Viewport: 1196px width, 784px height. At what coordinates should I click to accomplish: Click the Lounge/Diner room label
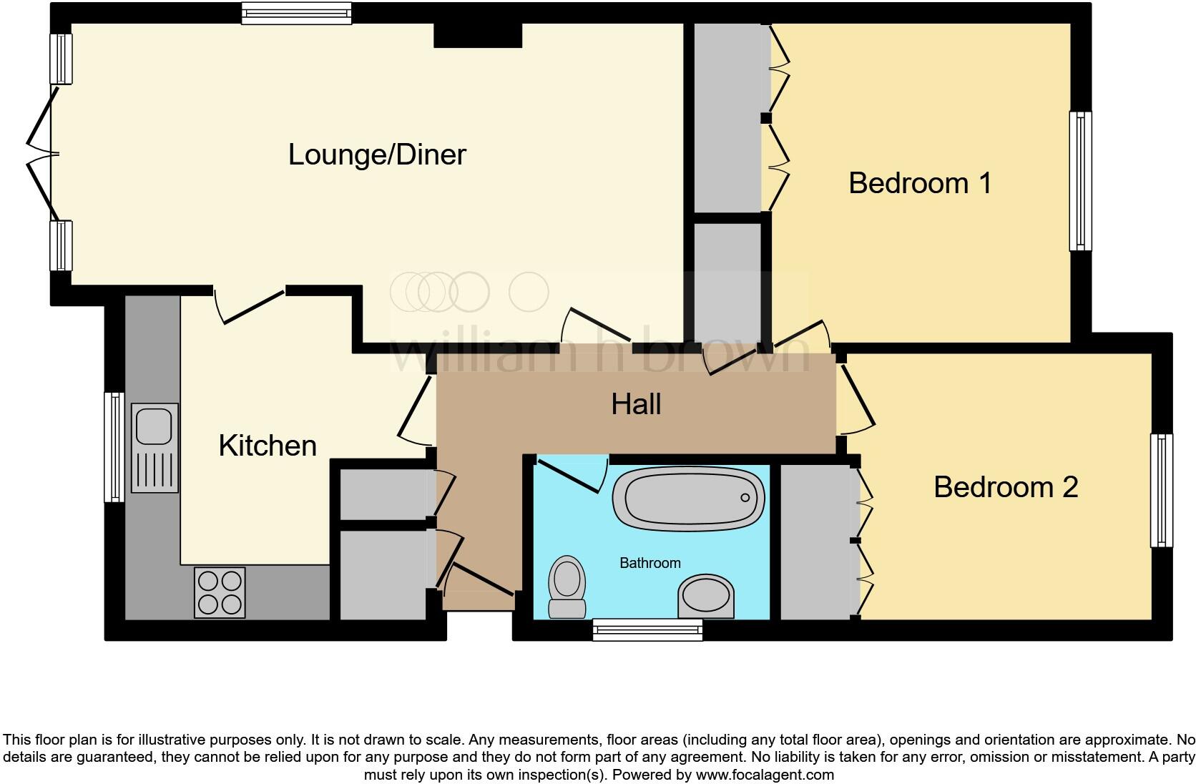click(377, 155)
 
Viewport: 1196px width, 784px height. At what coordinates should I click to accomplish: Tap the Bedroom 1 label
click(920, 183)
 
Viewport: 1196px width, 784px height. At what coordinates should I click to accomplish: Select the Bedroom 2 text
click(1005, 487)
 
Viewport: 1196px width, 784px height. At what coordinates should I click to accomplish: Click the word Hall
click(636, 404)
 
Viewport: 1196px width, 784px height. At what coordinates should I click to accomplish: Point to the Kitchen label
click(268, 446)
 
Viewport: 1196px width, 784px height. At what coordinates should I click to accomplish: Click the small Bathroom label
click(650, 563)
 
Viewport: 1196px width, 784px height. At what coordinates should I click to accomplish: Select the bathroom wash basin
click(706, 597)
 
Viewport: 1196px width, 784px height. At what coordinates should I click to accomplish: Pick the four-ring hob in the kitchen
click(220, 592)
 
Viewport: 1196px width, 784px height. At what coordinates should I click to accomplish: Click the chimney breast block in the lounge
click(478, 35)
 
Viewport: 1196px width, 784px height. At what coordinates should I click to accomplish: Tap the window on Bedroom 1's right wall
click(1081, 181)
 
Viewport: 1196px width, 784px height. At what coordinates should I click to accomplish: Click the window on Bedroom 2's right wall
click(1162, 491)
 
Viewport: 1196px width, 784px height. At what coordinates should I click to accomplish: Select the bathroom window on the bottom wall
click(647, 629)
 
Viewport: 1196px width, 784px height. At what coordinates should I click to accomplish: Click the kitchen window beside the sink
click(114, 446)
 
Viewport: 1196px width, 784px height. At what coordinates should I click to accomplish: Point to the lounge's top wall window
click(296, 13)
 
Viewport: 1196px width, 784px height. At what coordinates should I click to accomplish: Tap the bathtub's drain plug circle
click(745, 498)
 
